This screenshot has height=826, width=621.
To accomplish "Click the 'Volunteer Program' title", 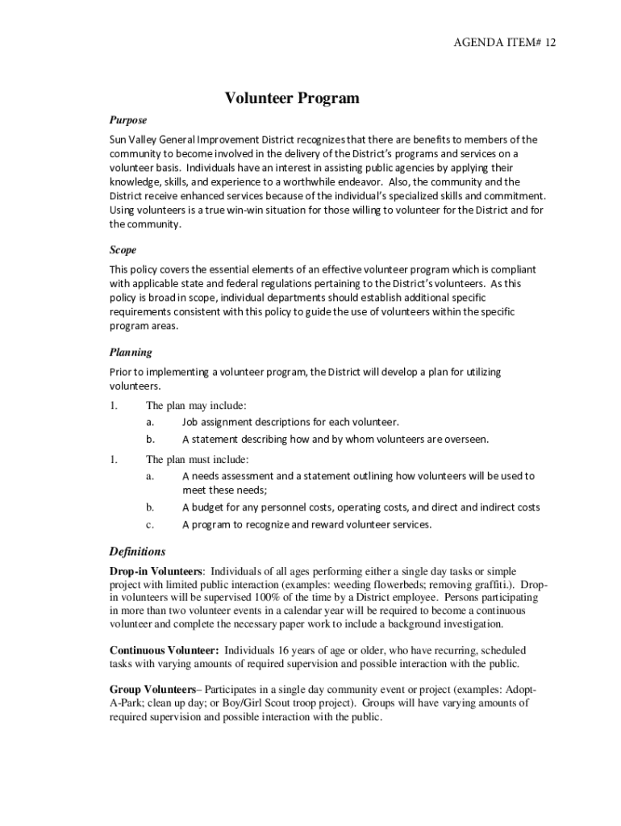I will click(x=292, y=99).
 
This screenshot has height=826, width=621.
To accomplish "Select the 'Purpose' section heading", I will click(x=128, y=120).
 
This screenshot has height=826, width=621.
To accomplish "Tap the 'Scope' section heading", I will click(x=123, y=250).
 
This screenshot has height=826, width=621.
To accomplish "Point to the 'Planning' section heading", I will click(x=131, y=353).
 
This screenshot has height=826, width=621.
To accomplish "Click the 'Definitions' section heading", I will click(x=137, y=552).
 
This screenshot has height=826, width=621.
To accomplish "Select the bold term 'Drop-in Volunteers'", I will click(x=156, y=571).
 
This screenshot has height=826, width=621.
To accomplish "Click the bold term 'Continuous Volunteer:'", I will click(x=164, y=650).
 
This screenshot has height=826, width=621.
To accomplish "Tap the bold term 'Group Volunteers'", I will click(x=152, y=690).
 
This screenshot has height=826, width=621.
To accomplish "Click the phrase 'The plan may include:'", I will click(x=196, y=406).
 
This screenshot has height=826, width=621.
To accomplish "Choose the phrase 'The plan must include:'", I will click(x=198, y=460).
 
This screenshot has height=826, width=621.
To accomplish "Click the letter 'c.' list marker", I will click(x=150, y=524).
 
